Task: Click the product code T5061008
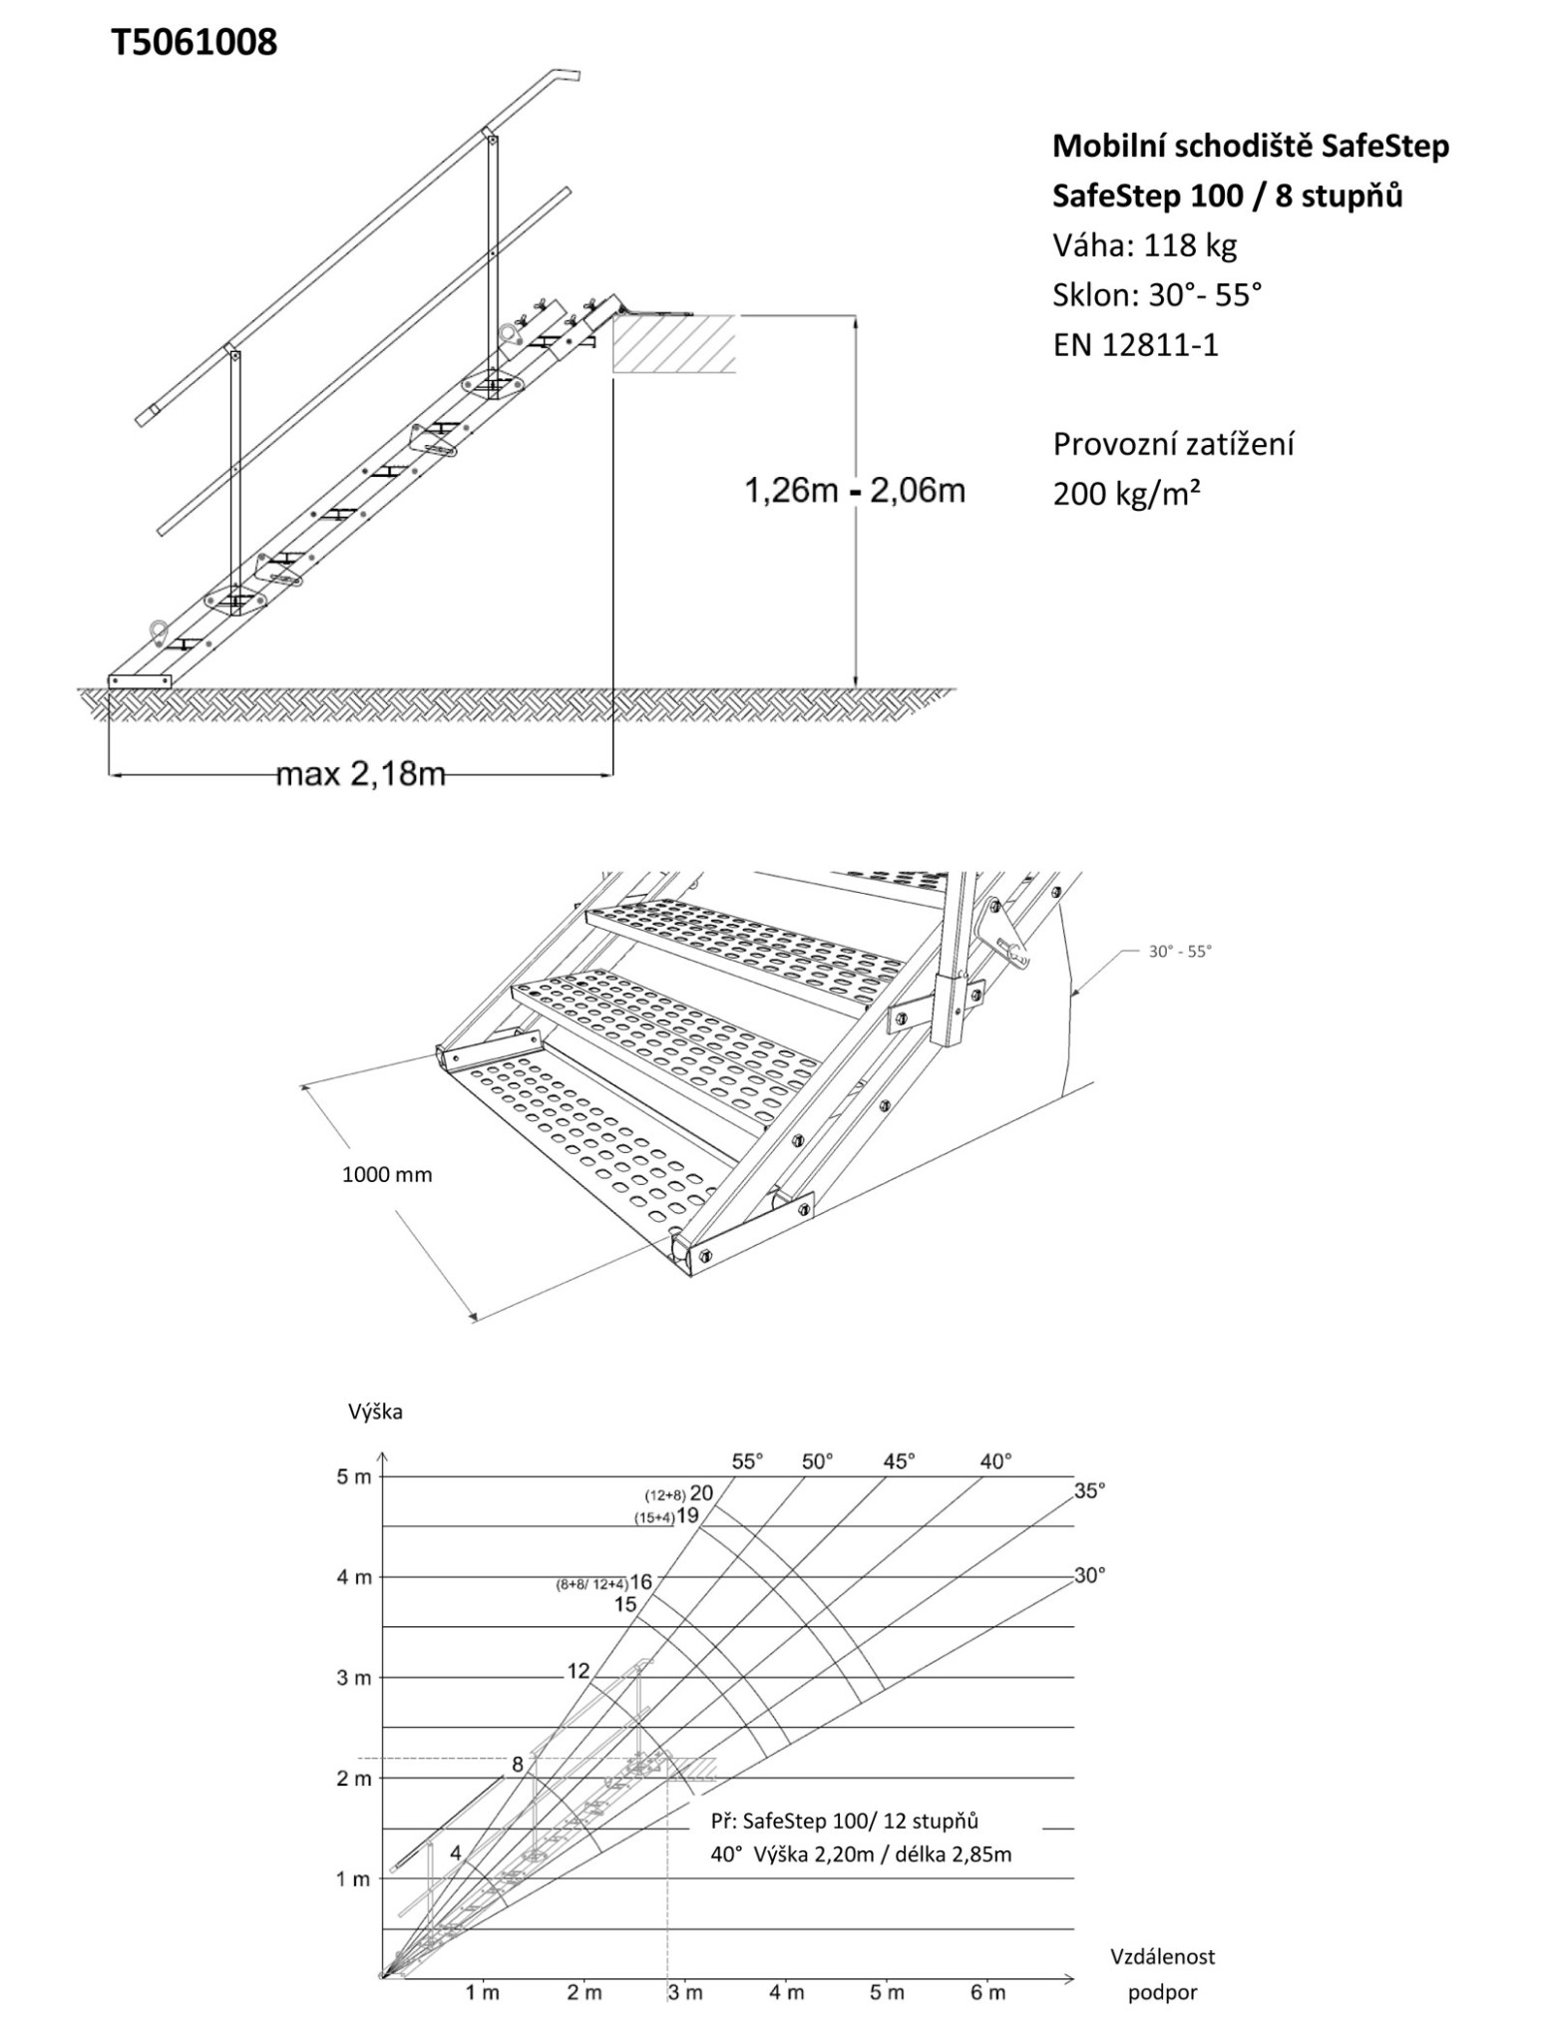194,43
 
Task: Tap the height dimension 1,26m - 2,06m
855,491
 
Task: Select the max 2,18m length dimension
360,773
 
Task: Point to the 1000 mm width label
387,1174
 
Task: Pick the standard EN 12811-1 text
1135,345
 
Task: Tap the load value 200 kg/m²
1126,494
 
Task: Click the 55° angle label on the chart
747,1461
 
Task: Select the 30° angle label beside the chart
1089,1575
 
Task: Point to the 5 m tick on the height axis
353,1476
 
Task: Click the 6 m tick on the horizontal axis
987,1992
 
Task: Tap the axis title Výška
375,1412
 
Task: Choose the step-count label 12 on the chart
579,1671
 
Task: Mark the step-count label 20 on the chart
701,1493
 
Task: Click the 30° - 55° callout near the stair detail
1179,952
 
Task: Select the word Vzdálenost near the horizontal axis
1162,1956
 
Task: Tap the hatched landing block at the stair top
674,344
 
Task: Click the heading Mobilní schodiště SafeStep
1251,147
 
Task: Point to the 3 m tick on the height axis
353,1678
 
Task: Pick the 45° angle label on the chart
898,1461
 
